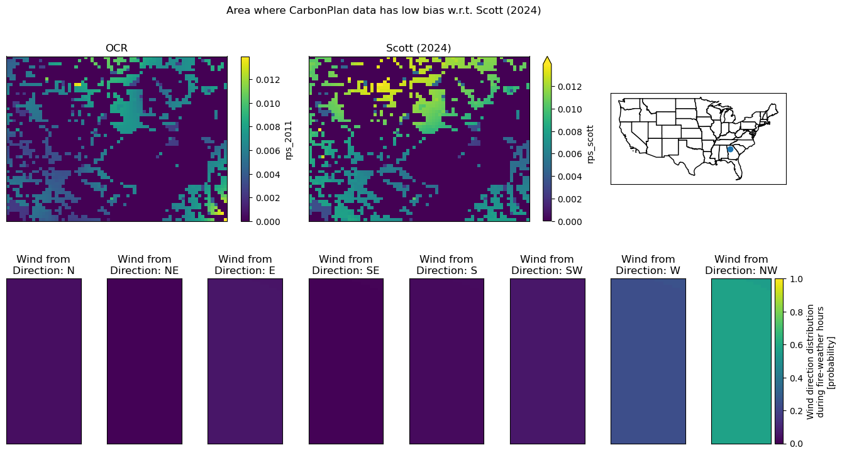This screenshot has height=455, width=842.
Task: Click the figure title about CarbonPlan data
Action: point(384,11)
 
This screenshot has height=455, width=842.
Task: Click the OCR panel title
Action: point(116,48)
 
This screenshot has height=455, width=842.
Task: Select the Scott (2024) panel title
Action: point(418,48)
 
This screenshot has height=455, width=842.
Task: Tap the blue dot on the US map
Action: point(730,149)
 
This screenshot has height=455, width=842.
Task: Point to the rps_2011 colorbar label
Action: point(288,140)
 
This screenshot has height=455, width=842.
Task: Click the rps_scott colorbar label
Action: point(590,145)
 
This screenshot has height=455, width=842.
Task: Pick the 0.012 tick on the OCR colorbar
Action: point(268,80)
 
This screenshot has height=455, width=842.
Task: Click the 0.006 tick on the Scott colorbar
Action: point(570,154)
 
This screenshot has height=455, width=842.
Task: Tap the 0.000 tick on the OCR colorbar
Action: point(268,222)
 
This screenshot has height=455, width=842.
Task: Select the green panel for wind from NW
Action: point(741,361)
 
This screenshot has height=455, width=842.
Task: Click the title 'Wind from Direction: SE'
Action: point(345,265)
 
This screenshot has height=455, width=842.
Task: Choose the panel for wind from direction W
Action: point(648,361)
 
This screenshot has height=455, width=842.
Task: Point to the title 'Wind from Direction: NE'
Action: point(145,265)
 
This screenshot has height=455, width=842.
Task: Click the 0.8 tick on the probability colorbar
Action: point(796,312)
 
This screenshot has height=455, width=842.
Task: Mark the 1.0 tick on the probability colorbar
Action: point(796,279)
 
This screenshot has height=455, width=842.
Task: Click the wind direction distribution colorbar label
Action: point(820,362)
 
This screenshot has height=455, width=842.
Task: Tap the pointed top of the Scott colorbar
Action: point(547,57)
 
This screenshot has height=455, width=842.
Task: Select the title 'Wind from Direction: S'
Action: point(446,265)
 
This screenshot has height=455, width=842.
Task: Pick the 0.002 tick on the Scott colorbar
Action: point(570,199)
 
